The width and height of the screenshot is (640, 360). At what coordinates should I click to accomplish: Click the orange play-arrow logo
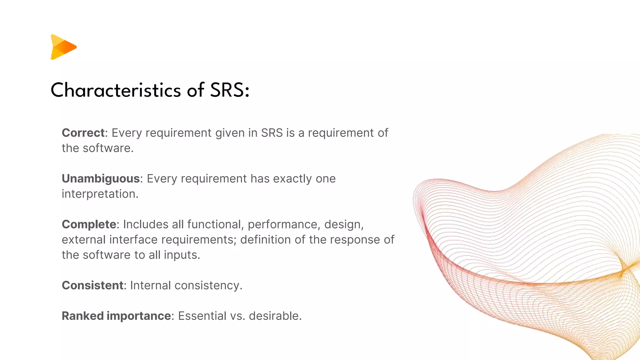point(63,47)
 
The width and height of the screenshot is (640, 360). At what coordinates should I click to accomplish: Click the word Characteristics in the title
point(116,90)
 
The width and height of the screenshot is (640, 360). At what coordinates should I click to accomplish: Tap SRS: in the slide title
point(230,90)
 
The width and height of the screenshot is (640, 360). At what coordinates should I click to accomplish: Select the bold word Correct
point(83,133)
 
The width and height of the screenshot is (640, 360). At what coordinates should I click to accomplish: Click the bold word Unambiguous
point(101,178)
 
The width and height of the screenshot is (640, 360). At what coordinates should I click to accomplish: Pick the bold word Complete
point(89,224)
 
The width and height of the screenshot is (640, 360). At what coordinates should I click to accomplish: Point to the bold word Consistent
point(92,285)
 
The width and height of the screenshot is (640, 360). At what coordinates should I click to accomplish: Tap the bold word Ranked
point(83,316)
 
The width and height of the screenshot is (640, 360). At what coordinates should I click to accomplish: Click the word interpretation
point(100,194)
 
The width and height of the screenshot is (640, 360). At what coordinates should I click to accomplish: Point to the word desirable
point(275,316)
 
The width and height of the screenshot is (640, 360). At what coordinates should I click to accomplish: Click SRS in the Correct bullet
point(272,133)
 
